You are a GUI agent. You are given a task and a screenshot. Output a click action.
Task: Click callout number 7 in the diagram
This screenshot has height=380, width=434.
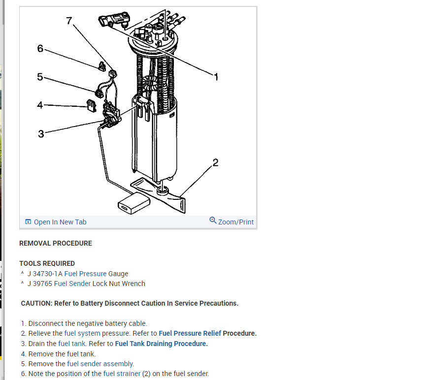[69, 21]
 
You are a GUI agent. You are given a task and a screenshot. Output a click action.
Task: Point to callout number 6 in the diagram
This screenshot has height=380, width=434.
[40, 48]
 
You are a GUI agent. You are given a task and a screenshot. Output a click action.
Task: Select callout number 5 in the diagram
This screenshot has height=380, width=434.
[40, 77]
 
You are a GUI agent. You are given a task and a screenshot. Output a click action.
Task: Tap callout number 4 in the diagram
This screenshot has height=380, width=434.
[40, 105]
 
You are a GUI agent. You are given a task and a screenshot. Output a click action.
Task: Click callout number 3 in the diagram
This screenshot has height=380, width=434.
[41, 133]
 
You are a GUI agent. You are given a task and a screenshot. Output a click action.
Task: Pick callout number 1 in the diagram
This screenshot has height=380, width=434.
[215, 76]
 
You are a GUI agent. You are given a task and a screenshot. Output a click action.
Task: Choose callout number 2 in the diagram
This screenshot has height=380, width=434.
[215, 163]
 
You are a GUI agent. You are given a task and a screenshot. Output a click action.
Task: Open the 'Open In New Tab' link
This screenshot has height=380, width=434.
[60, 222]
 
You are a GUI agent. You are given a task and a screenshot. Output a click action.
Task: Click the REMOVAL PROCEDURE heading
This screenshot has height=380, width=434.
[56, 243]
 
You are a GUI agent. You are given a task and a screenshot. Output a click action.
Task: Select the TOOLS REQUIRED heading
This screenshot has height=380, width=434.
[47, 263]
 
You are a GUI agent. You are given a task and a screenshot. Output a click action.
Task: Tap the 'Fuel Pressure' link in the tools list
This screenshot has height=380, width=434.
[85, 274]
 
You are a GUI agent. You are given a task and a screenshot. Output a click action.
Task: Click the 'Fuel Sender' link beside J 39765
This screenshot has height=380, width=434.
[72, 284]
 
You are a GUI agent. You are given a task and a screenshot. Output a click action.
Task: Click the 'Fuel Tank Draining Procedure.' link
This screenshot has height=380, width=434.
[161, 344]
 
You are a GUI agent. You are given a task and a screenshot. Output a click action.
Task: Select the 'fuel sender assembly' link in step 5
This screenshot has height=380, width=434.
[100, 364]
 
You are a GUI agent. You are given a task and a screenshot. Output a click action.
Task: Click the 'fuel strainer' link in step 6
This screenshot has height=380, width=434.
[122, 374]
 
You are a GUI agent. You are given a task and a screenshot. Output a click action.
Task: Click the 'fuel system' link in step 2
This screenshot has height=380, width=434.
[82, 333]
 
